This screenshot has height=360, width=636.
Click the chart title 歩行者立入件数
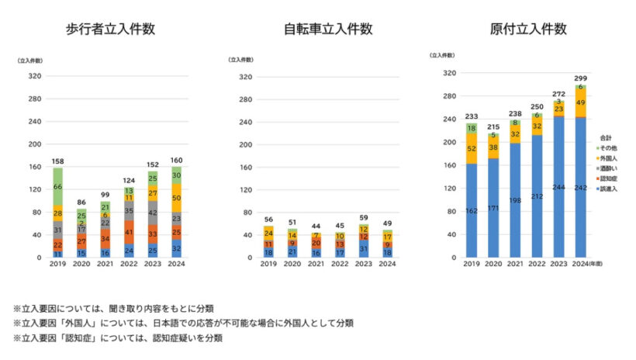[110, 30]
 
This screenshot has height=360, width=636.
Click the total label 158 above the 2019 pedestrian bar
[57, 161]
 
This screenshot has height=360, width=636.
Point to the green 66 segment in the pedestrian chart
[57, 187]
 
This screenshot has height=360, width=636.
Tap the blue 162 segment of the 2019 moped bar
[471, 210]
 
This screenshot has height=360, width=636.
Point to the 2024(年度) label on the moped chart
[586, 265]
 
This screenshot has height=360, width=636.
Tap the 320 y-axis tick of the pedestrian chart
[35, 76]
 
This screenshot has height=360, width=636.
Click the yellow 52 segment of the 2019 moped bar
[471, 149]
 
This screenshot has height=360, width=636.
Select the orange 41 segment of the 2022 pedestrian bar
[129, 232]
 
